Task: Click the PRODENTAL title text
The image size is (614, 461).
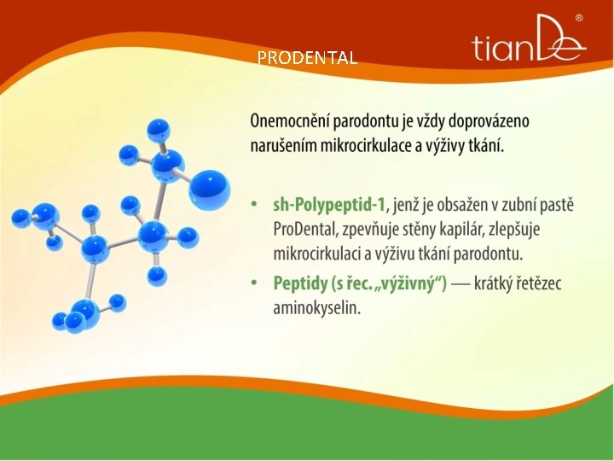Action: [307, 58]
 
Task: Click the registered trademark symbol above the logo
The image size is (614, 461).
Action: [579, 18]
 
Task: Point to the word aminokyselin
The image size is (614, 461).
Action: [316, 307]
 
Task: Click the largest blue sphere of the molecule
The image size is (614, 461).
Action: [209, 190]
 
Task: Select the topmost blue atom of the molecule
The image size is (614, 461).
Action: [158, 130]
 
